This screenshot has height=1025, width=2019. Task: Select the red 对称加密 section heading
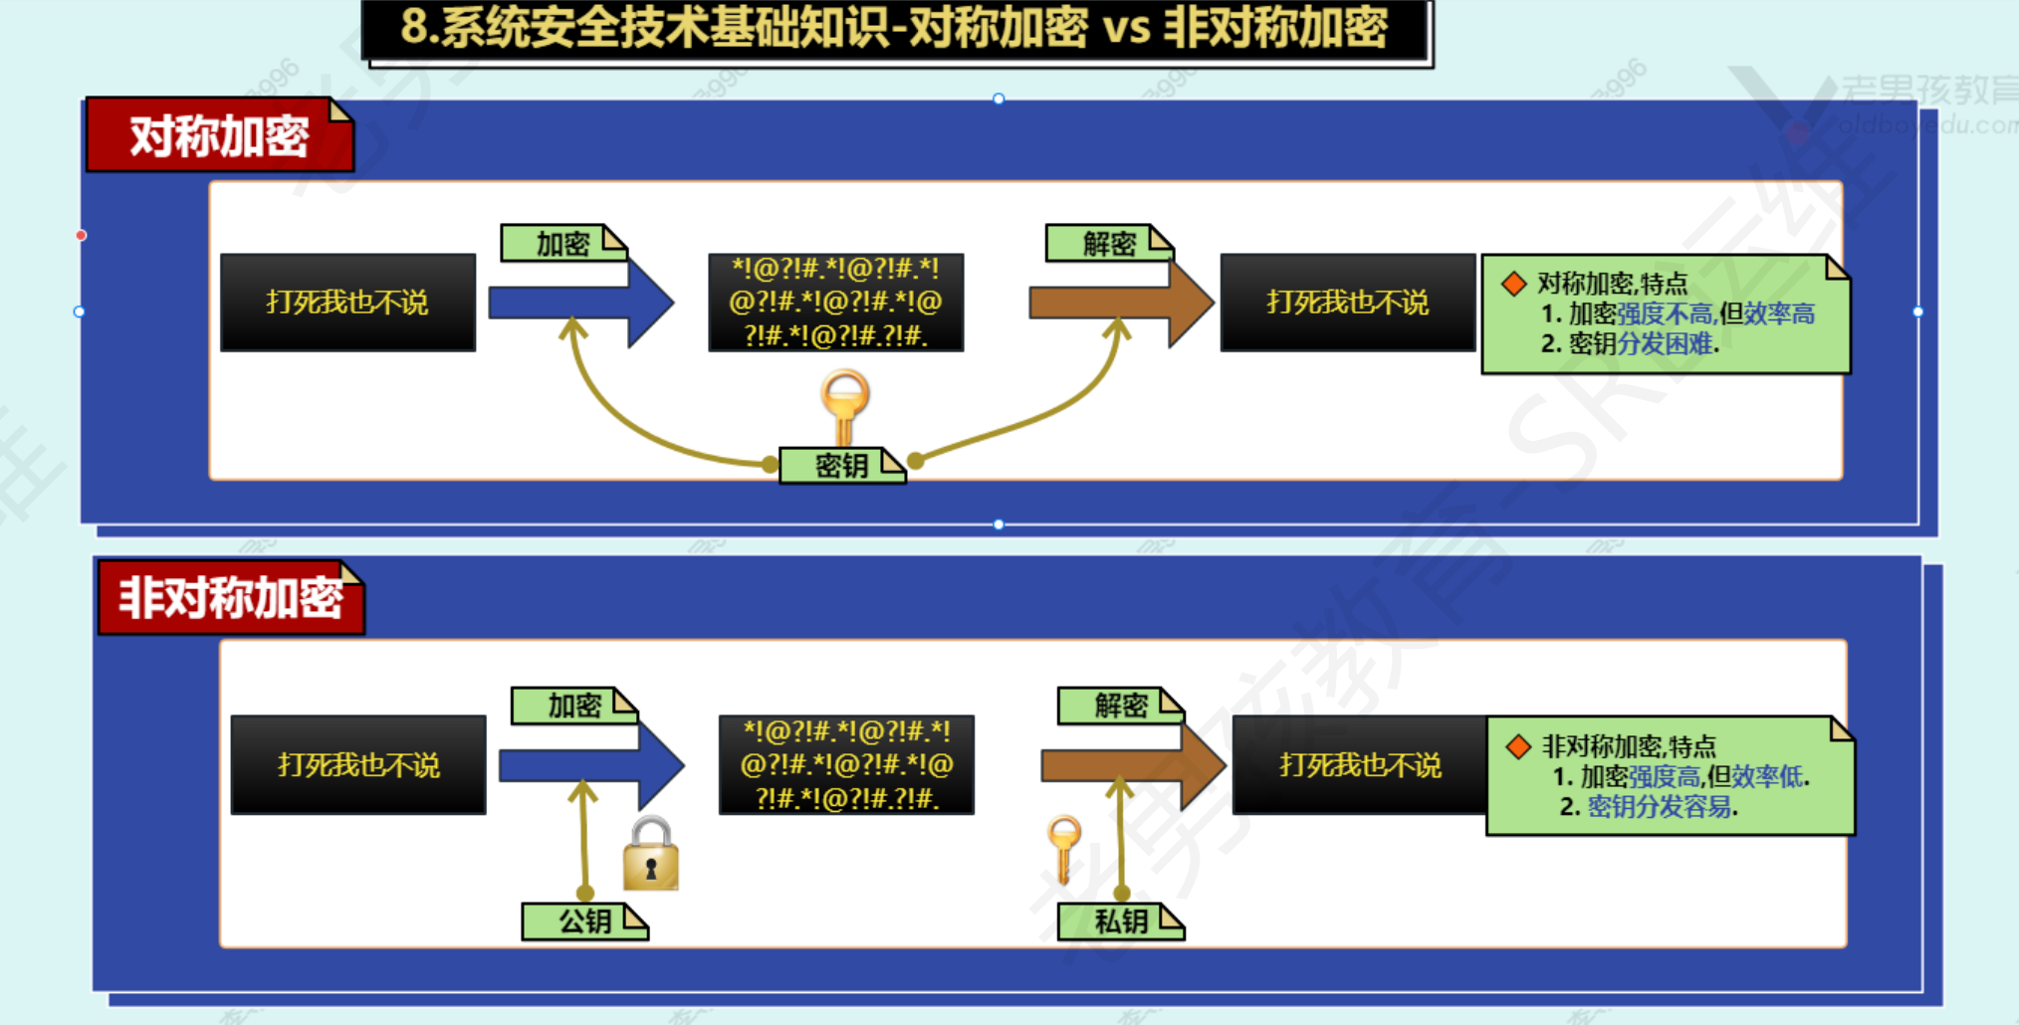(219, 136)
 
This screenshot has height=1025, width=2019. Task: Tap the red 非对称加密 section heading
(231, 598)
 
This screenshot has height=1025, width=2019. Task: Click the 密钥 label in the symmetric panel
(841, 466)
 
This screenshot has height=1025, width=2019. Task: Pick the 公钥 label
(584, 922)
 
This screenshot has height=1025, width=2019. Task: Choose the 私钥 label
(1120, 922)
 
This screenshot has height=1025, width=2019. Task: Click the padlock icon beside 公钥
(651, 855)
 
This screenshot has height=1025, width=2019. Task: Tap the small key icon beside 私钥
(1064, 846)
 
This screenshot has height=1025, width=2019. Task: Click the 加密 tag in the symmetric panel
(562, 244)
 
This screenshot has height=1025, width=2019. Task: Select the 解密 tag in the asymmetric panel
(1120, 706)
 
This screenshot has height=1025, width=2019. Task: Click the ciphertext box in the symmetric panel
(835, 303)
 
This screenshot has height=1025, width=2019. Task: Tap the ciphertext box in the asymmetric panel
(846, 765)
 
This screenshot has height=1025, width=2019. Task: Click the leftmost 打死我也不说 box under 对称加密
(347, 303)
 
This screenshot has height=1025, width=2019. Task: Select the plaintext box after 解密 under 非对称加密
(1360, 765)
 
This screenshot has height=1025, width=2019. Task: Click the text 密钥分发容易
(1660, 806)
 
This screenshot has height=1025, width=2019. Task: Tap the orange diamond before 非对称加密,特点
(1518, 746)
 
